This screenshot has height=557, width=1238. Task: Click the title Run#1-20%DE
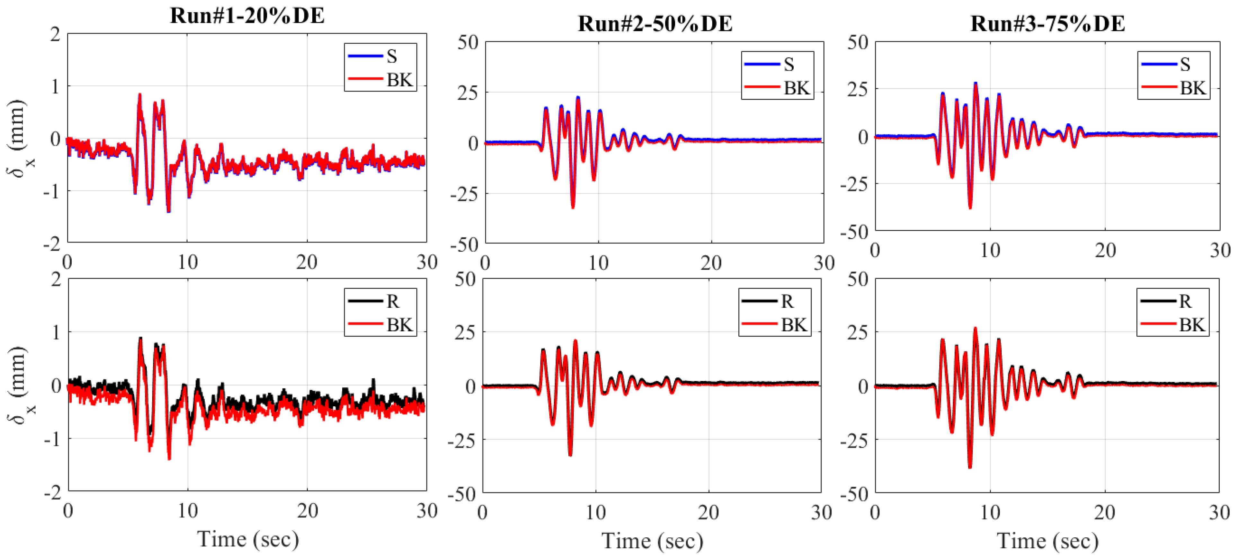click(x=247, y=15)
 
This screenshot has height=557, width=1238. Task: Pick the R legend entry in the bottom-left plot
click(x=380, y=301)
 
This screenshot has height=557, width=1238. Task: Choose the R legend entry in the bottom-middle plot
click(x=774, y=301)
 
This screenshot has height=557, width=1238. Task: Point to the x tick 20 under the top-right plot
click(x=1105, y=250)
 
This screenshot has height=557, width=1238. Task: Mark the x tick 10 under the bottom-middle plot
click(x=596, y=513)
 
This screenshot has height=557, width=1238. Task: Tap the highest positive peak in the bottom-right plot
click(x=975, y=329)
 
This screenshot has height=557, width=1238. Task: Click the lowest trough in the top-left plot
click(x=169, y=211)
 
